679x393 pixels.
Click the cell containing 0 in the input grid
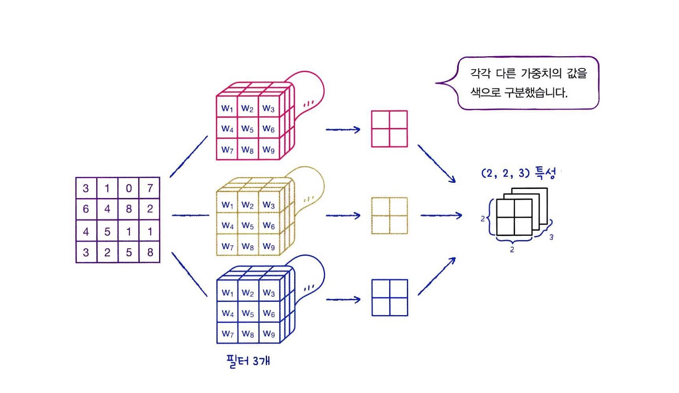[129, 188]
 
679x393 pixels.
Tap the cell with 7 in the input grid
[150, 188]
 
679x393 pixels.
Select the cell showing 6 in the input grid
[86, 209]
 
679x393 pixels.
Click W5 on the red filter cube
[247, 129]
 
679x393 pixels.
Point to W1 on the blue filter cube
[227, 293]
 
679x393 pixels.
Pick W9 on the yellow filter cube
[269, 246]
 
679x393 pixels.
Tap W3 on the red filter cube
[269, 108]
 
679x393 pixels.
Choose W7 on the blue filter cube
[227, 334]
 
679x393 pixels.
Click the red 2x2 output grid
[389, 129]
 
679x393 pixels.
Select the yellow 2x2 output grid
[389, 216]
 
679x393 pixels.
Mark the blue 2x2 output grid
[390, 298]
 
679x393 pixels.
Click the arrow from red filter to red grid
[343, 129]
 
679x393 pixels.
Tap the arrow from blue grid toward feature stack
[437, 277]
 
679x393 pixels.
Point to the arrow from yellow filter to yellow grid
[343, 215]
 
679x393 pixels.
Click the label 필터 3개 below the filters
[248, 361]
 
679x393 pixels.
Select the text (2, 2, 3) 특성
[518, 173]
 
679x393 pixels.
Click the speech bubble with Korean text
[528, 83]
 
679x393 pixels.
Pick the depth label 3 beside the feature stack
[551, 237]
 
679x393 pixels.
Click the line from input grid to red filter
[189, 156]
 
